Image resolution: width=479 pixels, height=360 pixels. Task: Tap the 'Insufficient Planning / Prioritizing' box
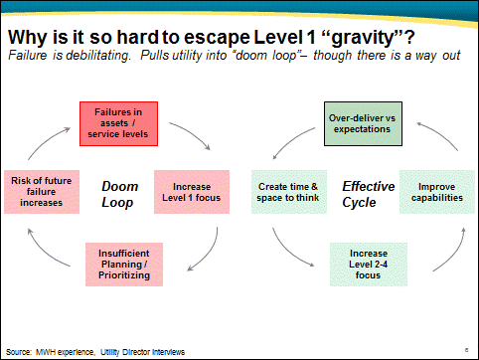[124, 262]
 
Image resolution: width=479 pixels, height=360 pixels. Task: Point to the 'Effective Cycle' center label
[369, 193]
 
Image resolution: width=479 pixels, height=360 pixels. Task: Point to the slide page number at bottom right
[466, 349]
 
